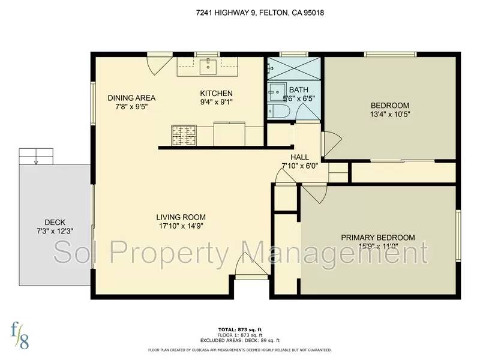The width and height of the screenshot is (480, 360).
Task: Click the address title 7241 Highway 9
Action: tap(239, 12)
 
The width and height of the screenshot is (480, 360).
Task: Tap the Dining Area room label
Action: tap(131, 98)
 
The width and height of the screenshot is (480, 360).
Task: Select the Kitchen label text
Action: tap(216, 93)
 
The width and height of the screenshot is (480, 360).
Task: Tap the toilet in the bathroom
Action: tap(280, 112)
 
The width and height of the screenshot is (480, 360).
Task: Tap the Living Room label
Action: tap(181, 217)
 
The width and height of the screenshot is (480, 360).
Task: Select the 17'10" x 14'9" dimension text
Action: tap(181, 226)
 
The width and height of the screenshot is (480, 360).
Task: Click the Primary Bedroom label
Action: tap(378, 238)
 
